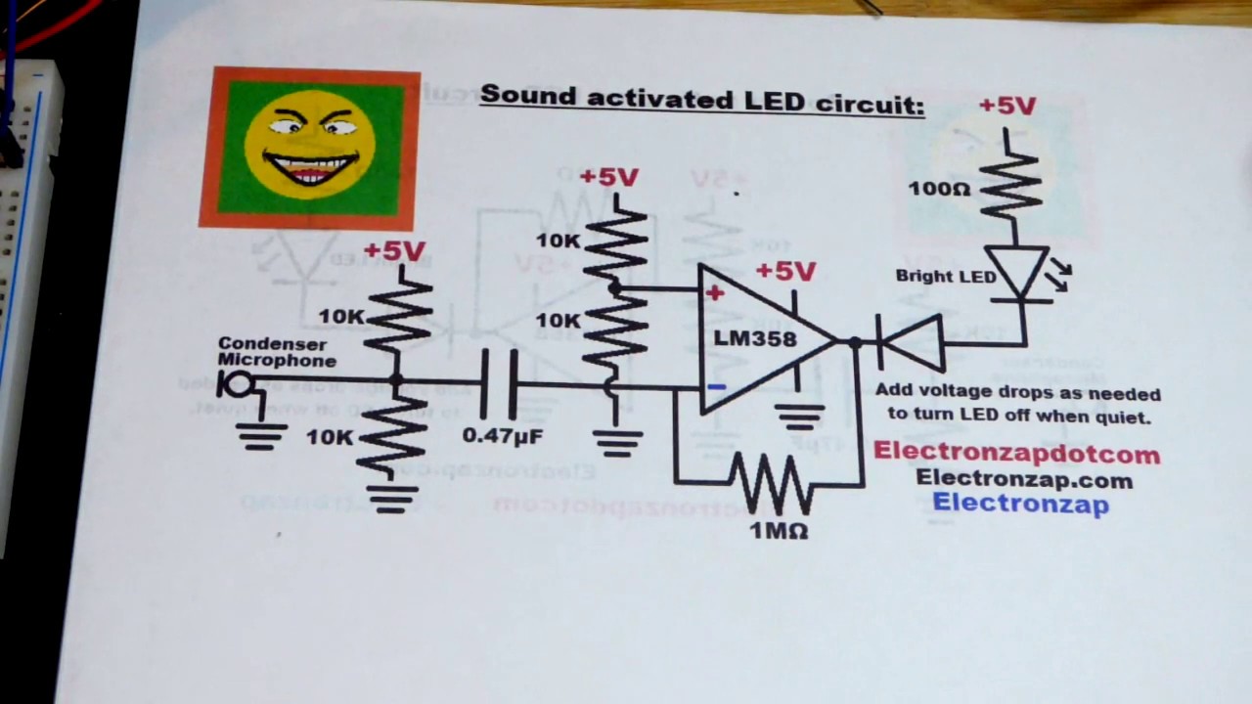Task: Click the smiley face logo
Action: tap(310, 147)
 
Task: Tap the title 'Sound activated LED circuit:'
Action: tap(701, 99)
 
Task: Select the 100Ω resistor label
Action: tap(939, 189)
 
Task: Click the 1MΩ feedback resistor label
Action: tap(779, 531)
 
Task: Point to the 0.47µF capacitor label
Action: tap(502, 435)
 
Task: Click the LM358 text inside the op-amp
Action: tap(755, 339)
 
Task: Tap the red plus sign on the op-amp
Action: tap(715, 292)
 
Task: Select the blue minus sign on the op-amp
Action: tap(716, 387)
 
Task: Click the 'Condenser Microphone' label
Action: tap(276, 352)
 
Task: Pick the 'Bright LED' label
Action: tap(945, 277)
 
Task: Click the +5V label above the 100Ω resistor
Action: tap(1006, 106)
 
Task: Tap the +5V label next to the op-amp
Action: tap(784, 271)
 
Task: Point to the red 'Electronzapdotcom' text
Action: tap(1016, 453)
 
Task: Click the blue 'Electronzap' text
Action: tap(1020, 504)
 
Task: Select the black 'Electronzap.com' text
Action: tap(1024, 479)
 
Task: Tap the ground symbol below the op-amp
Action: tap(800, 418)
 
